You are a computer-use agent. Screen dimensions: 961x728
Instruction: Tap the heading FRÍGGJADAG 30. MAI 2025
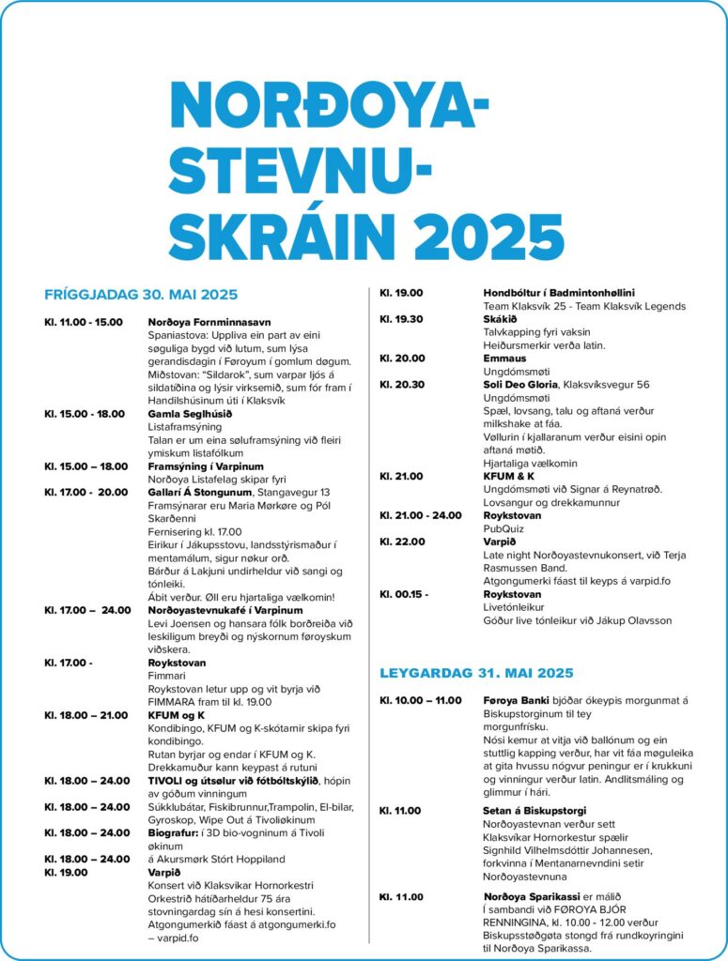tap(141, 295)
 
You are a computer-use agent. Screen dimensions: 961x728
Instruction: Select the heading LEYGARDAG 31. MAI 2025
tap(476, 673)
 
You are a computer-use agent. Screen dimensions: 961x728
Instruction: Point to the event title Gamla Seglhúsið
tap(189, 414)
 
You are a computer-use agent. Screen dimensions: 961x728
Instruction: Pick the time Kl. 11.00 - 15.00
tap(84, 322)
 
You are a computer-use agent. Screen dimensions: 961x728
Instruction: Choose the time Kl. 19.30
tap(401, 319)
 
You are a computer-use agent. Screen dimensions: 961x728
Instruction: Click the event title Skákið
tap(500, 319)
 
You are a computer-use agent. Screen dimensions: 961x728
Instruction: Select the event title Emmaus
tap(504, 358)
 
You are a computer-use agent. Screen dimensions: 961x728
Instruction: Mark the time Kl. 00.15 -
tap(405, 594)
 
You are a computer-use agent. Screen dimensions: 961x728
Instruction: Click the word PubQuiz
tap(503, 528)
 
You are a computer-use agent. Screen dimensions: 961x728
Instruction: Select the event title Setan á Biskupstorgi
tap(534, 810)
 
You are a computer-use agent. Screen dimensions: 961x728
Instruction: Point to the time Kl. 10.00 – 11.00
tap(420, 700)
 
